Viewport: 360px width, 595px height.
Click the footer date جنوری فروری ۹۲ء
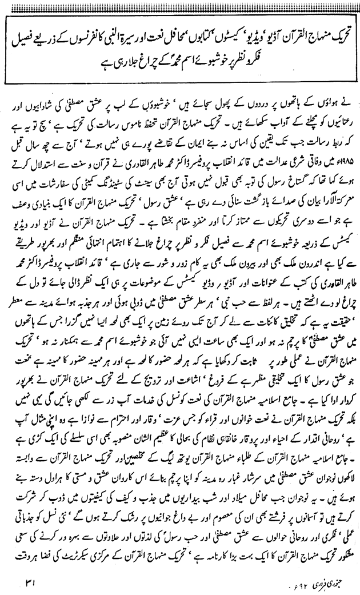(x=296, y=580)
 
